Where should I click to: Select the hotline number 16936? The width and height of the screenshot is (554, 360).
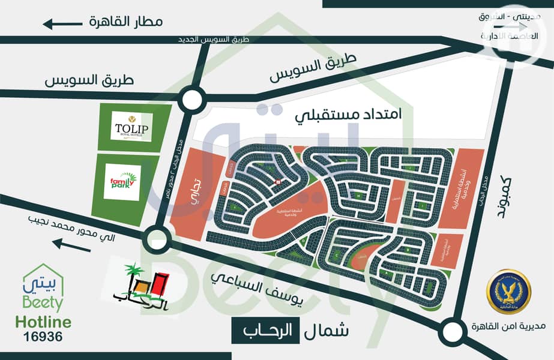point(41,337)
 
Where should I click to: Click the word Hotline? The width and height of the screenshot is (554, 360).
point(41,322)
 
